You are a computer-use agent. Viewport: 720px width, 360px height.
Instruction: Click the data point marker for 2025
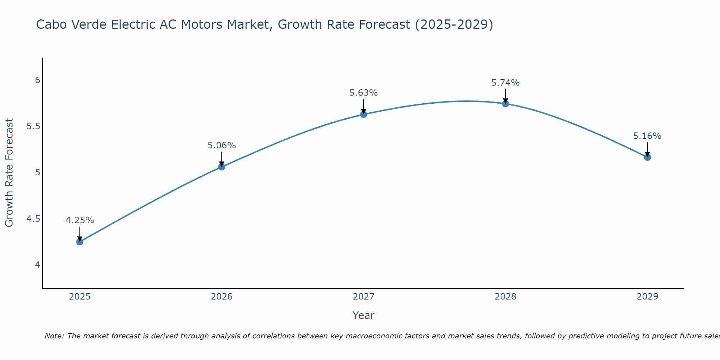coord(80,242)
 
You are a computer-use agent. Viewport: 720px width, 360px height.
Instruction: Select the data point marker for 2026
coord(221,167)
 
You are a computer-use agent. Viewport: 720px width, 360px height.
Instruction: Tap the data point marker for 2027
coord(364,114)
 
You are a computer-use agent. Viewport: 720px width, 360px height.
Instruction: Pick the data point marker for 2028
coord(505,104)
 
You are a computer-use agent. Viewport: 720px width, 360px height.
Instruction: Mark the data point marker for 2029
coord(647,157)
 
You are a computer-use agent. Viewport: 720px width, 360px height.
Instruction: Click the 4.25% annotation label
coord(80,220)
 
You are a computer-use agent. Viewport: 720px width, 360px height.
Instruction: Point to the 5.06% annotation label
coord(221,145)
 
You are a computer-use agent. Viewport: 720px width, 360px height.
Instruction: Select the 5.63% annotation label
coord(364,93)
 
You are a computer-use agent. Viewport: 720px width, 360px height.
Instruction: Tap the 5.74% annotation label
coord(505,83)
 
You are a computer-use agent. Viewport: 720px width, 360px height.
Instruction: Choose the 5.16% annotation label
coord(647,136)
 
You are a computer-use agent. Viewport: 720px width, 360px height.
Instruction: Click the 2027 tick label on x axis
coord(364,297)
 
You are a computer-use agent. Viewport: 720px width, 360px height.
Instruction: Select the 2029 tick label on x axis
coord(647,297)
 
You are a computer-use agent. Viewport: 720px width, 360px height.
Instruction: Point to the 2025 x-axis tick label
coord(80,297)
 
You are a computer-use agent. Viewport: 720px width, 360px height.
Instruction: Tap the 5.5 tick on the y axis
coord(33,126)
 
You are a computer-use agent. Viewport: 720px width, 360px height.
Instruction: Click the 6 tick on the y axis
coord(37,80)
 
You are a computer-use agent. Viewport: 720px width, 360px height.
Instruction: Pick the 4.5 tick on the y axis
coord(33,219)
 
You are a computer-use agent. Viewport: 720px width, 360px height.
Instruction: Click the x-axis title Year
coord(364,315)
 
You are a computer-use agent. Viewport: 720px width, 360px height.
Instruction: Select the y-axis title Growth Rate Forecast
coord(9,172)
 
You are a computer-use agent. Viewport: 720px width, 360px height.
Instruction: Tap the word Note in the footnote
coord(54,336)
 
